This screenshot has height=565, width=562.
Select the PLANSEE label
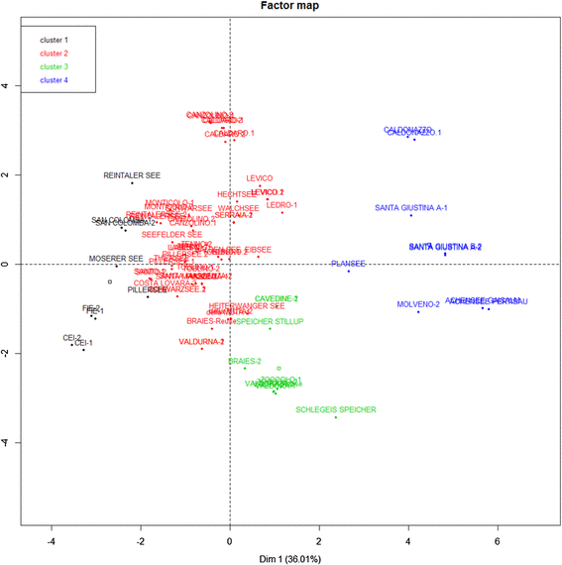pos(348,264)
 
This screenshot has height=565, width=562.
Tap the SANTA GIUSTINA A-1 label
pos(411,208)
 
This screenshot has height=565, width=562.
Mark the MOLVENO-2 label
pos(417,304)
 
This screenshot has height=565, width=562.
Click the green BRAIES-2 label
pos(244,362)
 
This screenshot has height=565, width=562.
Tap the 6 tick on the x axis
pos(498,541)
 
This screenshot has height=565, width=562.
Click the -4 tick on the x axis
pos(52,541)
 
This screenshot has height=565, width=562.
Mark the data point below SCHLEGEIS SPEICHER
pos(336,417)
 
